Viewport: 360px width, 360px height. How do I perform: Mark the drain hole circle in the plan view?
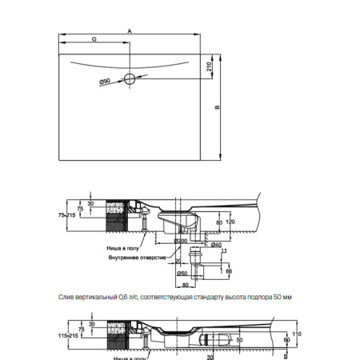pos(130,79)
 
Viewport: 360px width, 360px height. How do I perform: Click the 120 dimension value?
pos(230,222)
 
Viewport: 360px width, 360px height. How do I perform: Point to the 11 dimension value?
pos(226,251)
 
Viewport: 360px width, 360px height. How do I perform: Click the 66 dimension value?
pos(230,272)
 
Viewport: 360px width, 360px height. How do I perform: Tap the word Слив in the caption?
pos(66,297)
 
